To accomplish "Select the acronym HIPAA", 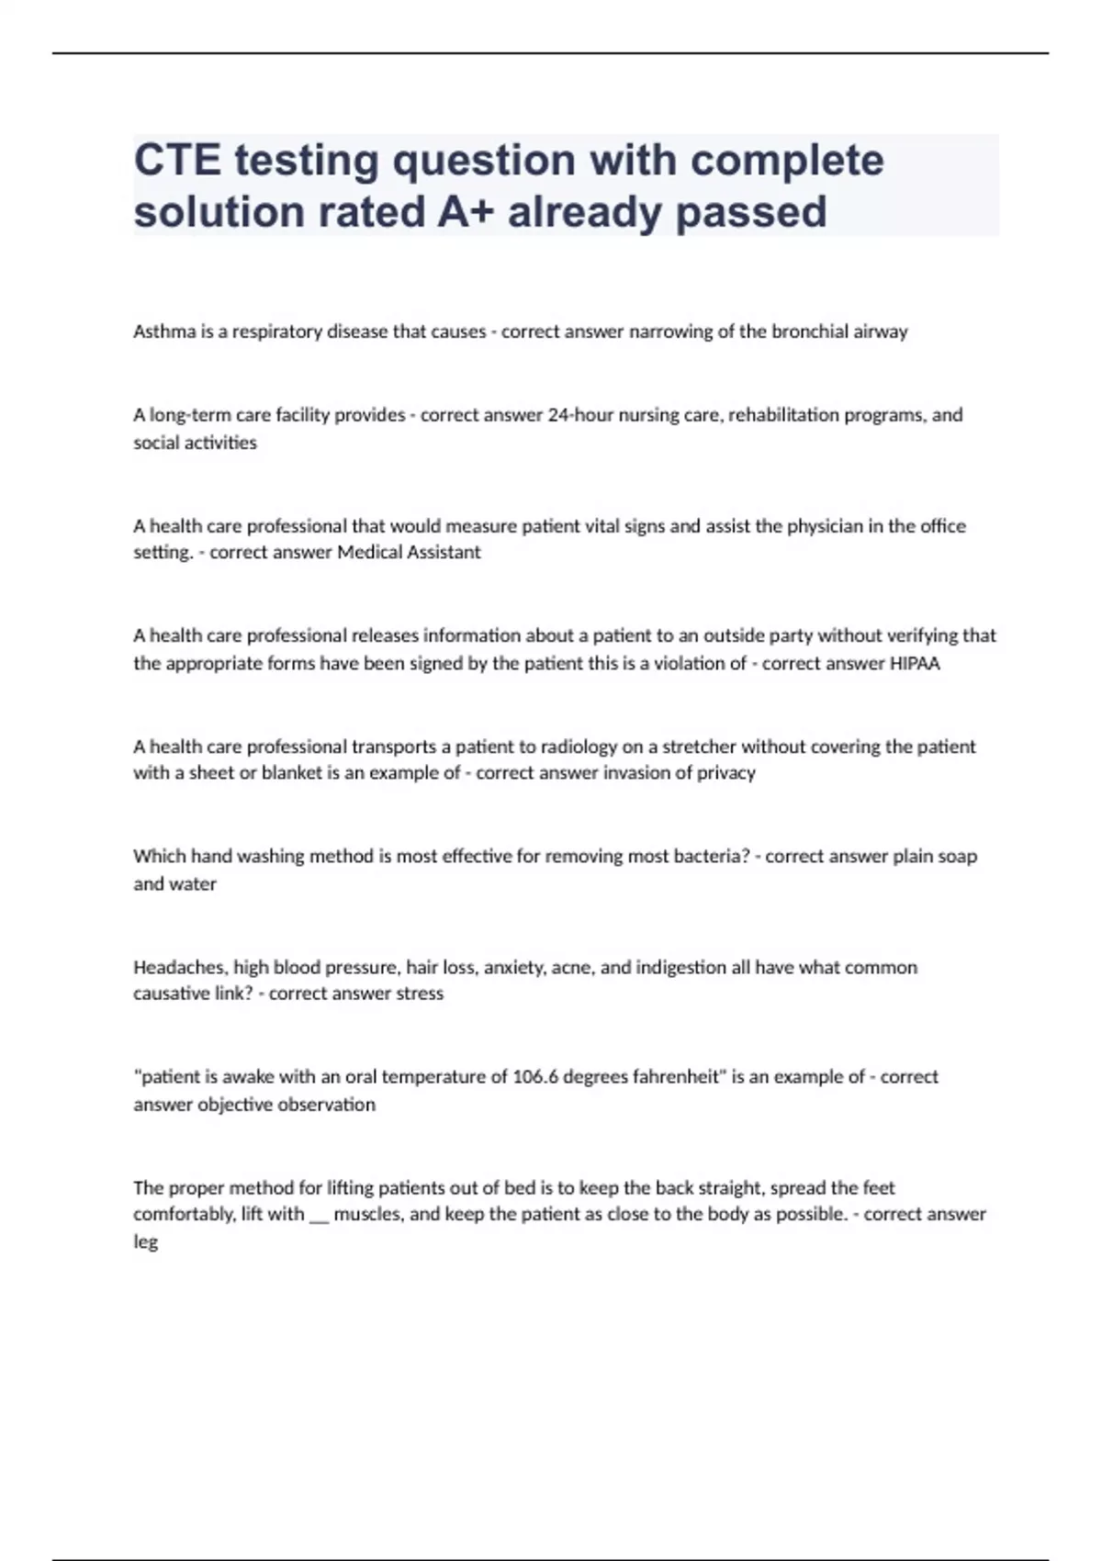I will pos(916,663).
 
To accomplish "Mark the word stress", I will pos(420,994).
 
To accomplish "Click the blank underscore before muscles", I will pos(319,1217).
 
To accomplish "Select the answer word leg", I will pos(145,1242).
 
